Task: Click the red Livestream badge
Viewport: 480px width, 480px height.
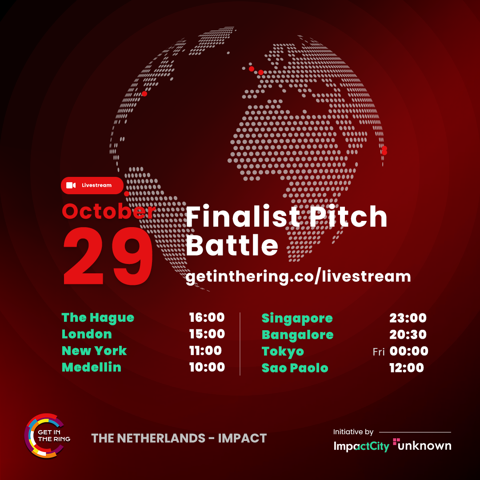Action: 92,185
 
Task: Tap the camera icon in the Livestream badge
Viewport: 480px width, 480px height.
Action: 71,185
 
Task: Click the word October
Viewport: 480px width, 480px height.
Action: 109,211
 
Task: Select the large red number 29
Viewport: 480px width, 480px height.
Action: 108,256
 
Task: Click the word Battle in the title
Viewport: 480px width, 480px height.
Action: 232,245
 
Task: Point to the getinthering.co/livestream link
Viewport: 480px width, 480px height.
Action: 298,276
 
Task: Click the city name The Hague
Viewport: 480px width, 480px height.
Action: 98,318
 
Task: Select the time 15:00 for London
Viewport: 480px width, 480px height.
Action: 207,334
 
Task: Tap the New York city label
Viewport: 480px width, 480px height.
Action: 94,351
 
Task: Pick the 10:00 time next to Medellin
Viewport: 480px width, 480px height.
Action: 207,367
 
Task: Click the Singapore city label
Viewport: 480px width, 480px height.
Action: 297,319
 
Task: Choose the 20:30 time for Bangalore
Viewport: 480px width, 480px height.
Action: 408,335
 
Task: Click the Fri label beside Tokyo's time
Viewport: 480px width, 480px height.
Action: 379,352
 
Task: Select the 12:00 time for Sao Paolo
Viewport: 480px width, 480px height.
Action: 407,368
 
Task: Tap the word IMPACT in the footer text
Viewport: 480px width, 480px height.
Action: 242,438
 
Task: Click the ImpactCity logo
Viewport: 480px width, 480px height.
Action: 361,446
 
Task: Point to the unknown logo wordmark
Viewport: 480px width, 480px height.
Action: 423,445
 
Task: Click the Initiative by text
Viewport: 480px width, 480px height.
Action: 353,432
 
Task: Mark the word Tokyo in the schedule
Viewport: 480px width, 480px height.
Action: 283,352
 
